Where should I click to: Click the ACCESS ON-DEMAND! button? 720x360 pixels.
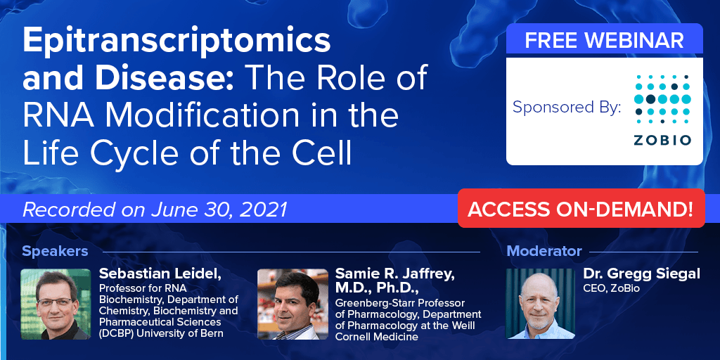pos(581,208)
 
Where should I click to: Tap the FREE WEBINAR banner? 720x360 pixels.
pos(604,40)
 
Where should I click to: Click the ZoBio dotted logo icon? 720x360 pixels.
pos(662,99)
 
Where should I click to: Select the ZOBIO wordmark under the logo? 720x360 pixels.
pos(662,140)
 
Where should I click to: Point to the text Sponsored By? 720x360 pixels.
pos(567,108)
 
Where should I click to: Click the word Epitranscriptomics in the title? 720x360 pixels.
pos(176,41)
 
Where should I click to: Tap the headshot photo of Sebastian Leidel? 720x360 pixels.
pos(56,304)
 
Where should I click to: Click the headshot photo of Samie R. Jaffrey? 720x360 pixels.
pos(292,304)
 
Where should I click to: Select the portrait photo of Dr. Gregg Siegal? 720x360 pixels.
pos(540,304)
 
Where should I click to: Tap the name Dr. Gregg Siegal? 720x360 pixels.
pos(641,274)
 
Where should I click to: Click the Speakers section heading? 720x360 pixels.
pos(55,251)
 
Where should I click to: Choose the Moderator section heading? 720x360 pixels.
pos(544,251)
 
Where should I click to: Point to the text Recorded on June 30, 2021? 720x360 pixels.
pos(155,210)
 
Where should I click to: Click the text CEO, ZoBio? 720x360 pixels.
pos(611,288)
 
